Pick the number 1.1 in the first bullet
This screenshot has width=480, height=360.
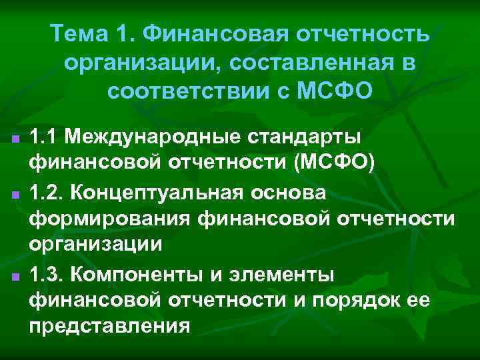click(43, 137)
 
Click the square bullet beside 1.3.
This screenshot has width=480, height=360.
click(15, 275)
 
